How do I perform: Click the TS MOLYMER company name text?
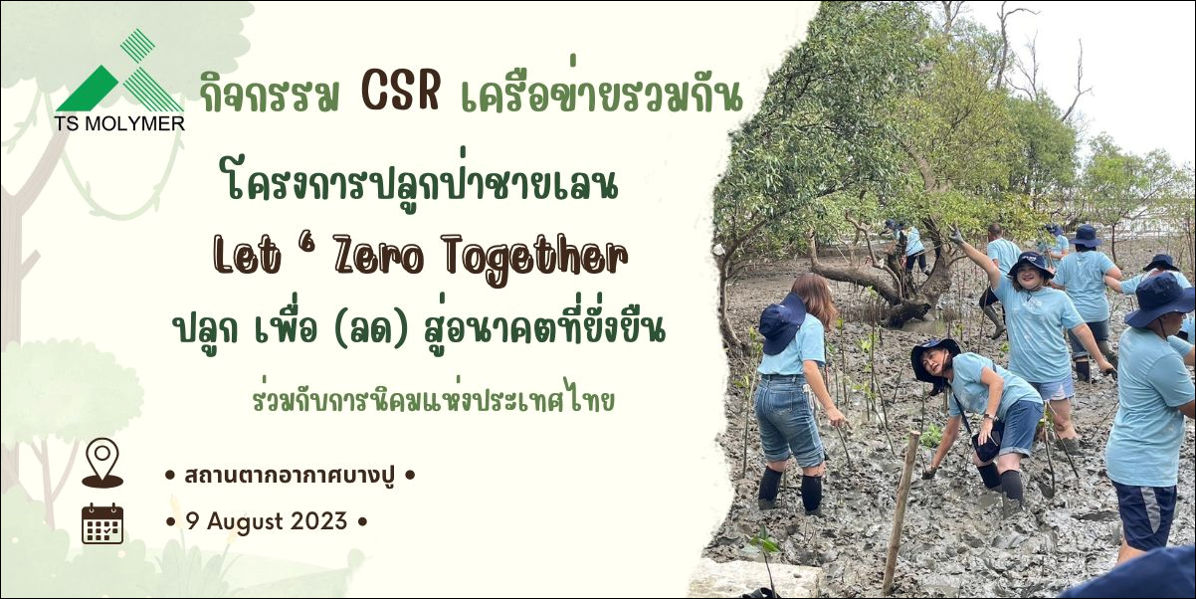click(119, 123)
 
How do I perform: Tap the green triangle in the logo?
click(89, 89)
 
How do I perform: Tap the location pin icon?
click(102, 463)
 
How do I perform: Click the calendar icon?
click(102, 523)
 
